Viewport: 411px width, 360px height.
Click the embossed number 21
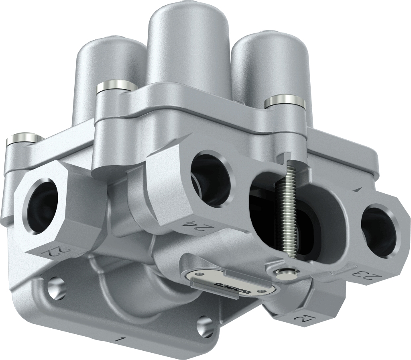coord(301,320)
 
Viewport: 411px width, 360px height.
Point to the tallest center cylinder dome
coord(187,44)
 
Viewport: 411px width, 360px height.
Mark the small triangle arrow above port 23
coord(357,188)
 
